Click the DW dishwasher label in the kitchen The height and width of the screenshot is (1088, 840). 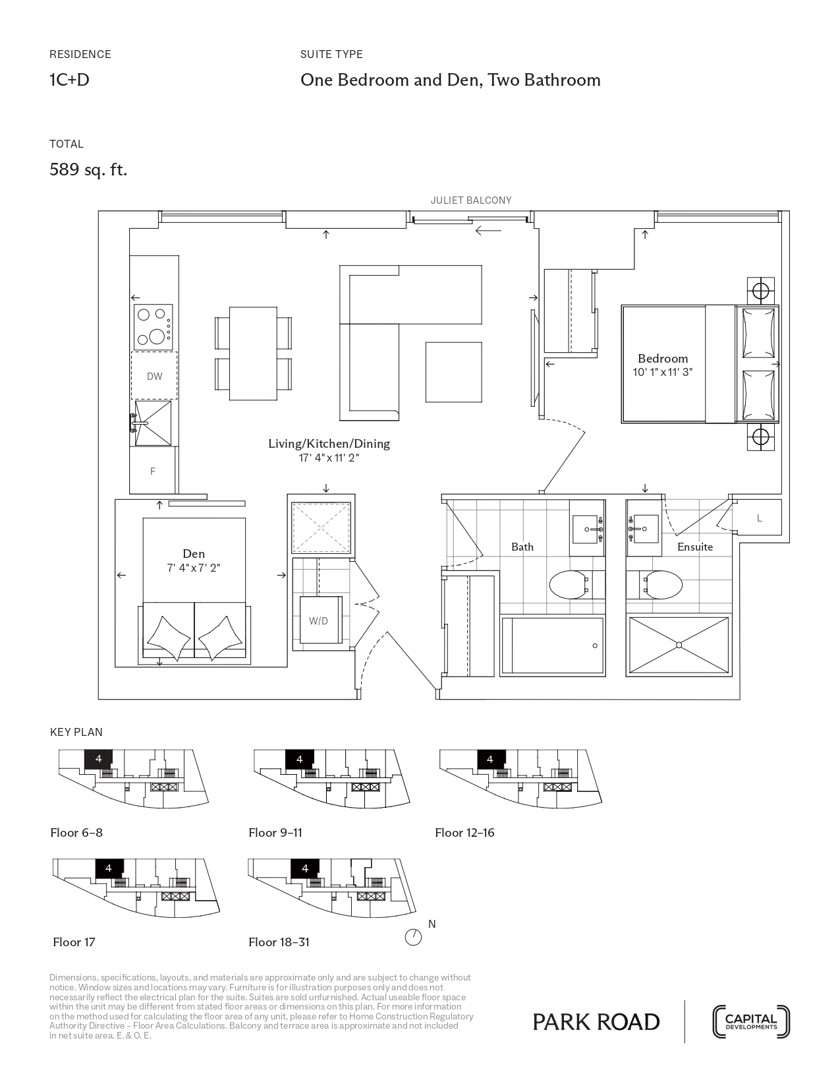[x=154, y=377]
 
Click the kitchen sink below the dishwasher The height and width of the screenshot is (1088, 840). [x=152, y=423]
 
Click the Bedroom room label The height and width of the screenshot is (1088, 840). [x=662, y=359]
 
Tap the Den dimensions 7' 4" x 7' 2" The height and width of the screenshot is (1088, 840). [x=194, y=568]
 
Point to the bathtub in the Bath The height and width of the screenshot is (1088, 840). [x=553, y=646]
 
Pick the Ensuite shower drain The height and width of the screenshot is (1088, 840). [x=679, y=645]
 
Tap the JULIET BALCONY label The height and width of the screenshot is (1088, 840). [x=471, y=200]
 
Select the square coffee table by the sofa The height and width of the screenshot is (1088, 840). [x=454, y=372]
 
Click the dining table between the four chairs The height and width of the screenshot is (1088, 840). [x=253, y=353]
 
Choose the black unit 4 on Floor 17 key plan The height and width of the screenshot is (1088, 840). [x=109, y=868]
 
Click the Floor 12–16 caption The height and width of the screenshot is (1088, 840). [x=464, y=833]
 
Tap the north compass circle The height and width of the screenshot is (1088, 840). [x=413, y=937]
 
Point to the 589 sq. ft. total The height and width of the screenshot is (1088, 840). [x=88, y=169]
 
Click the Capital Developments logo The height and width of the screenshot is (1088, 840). [x=751, y=1021]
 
